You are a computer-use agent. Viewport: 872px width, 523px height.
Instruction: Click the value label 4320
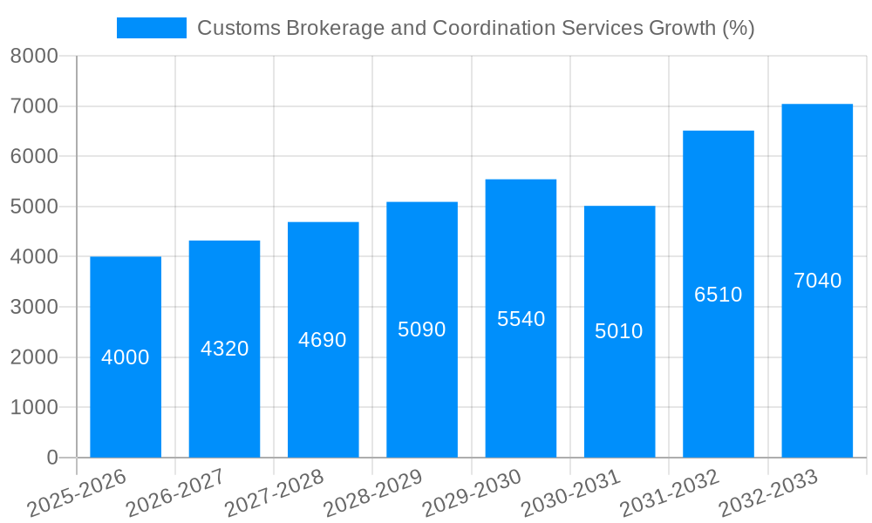pyautogui.click(x=224, y=349)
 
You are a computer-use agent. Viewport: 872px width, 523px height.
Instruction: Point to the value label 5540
pyautogui.click(x=521, y=319)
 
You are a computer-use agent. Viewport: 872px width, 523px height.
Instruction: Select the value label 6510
pyautogui.click(x=718, y=295)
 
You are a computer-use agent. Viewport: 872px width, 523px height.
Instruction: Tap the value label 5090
pyautogui.click(x=422, y=329)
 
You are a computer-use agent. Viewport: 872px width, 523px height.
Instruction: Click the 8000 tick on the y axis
pyautogui.click(x=34, y=56)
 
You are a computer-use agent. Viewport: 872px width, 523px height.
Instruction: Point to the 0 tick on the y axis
pyautogui.click(x=51, y=458)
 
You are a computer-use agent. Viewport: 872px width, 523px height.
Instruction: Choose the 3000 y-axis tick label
pyautogui.click(x=34, y=307)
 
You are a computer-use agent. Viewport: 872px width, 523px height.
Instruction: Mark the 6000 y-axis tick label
pyautogui.click(x=34, y=156)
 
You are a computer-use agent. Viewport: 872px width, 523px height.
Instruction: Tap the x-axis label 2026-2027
pyautogui.click(x=177, y=493)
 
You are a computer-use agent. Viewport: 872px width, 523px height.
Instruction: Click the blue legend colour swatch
pyautogui.click(x=152, y=28)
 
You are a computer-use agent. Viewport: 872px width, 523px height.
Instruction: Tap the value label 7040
pyautogui.click(x=817, y=281)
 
